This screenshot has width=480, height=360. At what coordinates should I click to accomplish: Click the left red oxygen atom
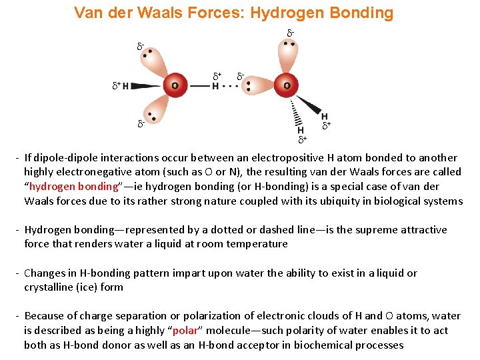pyautogui.click(x=175, y=85)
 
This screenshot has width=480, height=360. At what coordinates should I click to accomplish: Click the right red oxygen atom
pyautogui.click(x=287, y=85)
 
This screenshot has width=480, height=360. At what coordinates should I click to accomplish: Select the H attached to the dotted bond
pyautogui.click(x=215, y=86)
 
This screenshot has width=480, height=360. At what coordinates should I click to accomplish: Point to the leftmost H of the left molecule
pyautogui.click(x=125, y=86)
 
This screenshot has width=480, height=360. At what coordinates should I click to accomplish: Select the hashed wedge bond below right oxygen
pyautogui.click(x=297, y=113)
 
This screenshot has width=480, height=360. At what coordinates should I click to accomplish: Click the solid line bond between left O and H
pyautogui.click(x=199, y=86)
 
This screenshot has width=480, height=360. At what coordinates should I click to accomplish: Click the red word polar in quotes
pyautogui.click(x=185, y=331)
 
